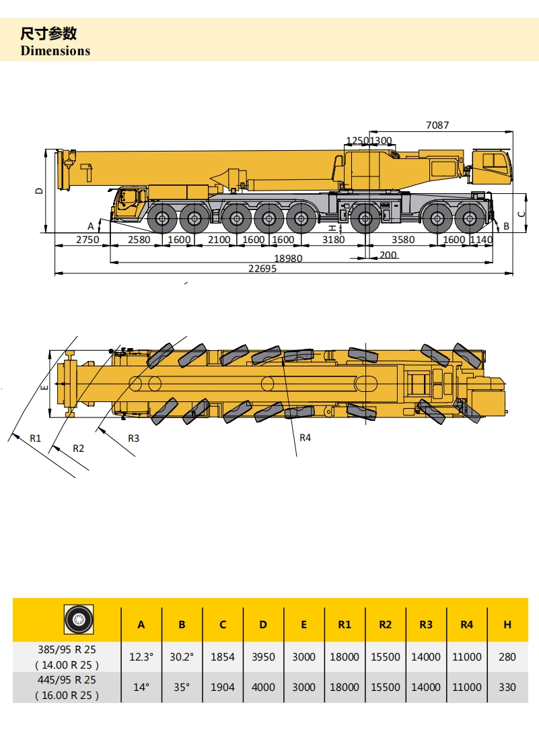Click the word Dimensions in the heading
(55, 51)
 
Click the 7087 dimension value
(437, 125)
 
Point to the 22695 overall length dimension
(262, 268)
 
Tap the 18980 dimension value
(288, 258)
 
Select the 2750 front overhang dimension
(87, 240)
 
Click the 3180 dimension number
(334, 240)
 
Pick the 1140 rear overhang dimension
(481, 240)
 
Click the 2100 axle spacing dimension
(219, 240)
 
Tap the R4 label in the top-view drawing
(306, 438)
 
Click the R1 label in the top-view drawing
(36, 438)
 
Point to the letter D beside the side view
(39, 191)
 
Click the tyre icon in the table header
(79, 620)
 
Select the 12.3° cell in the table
(141, 657)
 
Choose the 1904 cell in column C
(223, 687)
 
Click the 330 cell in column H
(507, 687)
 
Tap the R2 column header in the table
(386, 624)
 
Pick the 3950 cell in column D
(263, 657)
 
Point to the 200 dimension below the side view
(388, 255)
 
